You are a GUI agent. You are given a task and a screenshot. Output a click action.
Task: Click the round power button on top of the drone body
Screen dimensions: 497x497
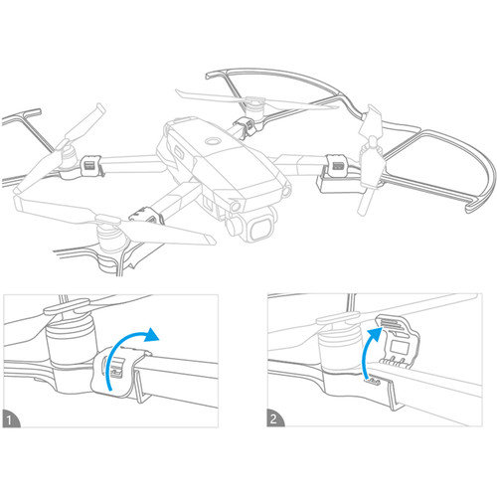(212, 143)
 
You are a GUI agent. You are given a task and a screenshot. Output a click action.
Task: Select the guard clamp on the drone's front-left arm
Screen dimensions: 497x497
(146, 214)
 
